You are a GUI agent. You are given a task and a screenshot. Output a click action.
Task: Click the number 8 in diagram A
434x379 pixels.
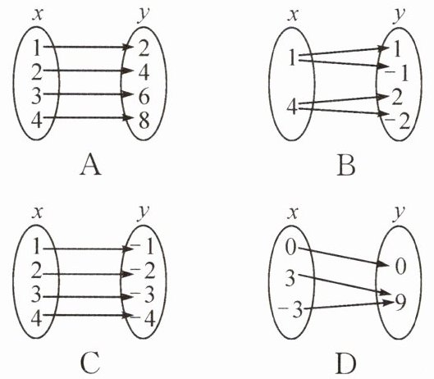coord(144,121)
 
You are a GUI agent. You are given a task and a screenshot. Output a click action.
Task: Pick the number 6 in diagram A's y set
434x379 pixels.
coord(144,97)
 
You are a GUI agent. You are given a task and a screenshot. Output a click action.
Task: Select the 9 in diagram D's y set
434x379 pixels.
coord(400,302)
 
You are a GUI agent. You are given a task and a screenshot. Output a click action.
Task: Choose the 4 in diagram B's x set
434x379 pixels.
coord(292,107)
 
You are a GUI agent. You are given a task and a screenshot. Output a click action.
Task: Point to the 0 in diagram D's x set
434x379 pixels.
coord(290,247)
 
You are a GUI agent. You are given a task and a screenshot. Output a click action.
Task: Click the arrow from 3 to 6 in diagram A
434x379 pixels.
coord(89,94)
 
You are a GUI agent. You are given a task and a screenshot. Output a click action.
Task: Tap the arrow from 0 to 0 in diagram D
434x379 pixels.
coord(344,257)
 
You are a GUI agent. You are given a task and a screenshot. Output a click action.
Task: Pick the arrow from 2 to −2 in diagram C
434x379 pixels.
coord(89,274)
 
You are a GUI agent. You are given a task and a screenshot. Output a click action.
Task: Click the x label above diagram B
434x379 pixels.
coord(294,16)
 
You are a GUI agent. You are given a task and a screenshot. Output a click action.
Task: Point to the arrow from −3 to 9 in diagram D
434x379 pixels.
coord(349,305)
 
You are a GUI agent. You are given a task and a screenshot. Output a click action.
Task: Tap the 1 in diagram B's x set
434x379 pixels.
coord(292,57)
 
